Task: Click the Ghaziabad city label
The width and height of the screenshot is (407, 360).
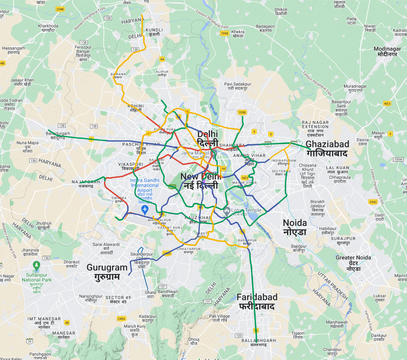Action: (326, 148)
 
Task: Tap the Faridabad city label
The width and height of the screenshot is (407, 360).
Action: (257, 301)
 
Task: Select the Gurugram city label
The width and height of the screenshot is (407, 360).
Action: (107, 272)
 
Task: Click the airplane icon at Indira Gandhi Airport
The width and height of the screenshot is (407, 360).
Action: (145, 210)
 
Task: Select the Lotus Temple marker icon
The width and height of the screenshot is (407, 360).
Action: (227, 210)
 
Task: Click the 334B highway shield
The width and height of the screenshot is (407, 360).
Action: (60, 9)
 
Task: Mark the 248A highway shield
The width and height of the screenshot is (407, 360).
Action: (122, 318)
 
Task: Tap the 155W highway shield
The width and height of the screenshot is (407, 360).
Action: (398, 159)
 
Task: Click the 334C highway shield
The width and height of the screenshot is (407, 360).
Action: (373, 202)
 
